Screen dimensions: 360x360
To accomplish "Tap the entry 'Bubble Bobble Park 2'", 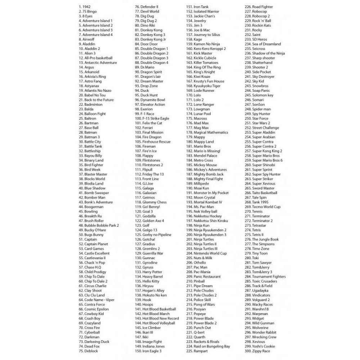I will [x=99, y=225].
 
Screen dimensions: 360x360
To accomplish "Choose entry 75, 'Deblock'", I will [x=88, y=351].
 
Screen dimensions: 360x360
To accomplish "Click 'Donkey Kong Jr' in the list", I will [x=150, y=39].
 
